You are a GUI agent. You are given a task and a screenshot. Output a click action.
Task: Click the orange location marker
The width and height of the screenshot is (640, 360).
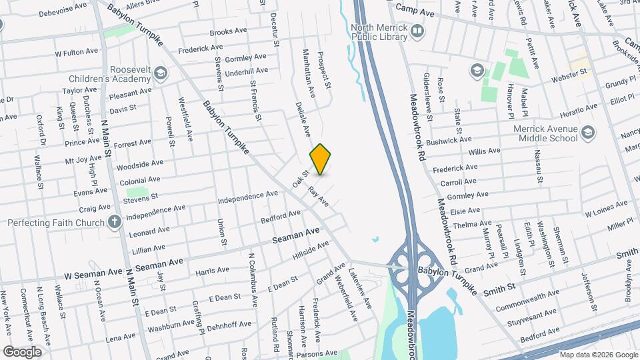point(320,159)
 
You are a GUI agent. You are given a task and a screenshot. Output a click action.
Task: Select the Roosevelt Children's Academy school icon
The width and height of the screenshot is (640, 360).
point(160,72)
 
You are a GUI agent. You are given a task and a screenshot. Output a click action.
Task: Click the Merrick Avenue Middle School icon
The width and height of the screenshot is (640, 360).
point(587,132)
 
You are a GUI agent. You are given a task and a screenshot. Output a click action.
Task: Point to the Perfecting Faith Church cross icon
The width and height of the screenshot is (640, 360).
point(115,221)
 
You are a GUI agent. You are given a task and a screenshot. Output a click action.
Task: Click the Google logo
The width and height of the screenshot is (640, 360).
point(22,352)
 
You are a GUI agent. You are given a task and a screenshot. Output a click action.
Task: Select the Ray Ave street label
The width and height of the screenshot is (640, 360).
point(319,195)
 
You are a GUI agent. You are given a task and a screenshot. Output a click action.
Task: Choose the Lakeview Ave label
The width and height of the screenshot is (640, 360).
point(363,289)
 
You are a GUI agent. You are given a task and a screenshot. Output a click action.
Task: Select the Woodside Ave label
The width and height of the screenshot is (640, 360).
point(139,163)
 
